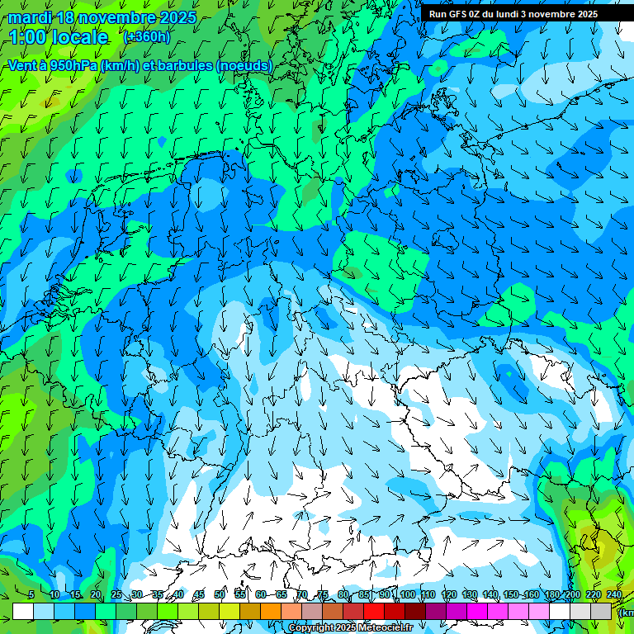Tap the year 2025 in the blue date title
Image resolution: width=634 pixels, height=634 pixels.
click(173, 17)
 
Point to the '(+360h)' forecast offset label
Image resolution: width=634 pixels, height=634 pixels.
click(146, 37)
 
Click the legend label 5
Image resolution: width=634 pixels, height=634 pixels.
click(31, 594)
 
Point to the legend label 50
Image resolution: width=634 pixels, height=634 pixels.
click(220, 594)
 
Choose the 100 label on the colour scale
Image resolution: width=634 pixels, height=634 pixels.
click(407, 594)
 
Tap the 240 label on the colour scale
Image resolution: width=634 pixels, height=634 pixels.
click(614, 594)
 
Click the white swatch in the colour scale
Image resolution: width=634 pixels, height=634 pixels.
click(23, 611)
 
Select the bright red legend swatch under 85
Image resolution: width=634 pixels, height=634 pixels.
click(374, 611)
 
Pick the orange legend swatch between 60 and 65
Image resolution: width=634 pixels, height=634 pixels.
click(271, 611)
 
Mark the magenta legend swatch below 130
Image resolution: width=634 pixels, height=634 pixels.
click(477, 611)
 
